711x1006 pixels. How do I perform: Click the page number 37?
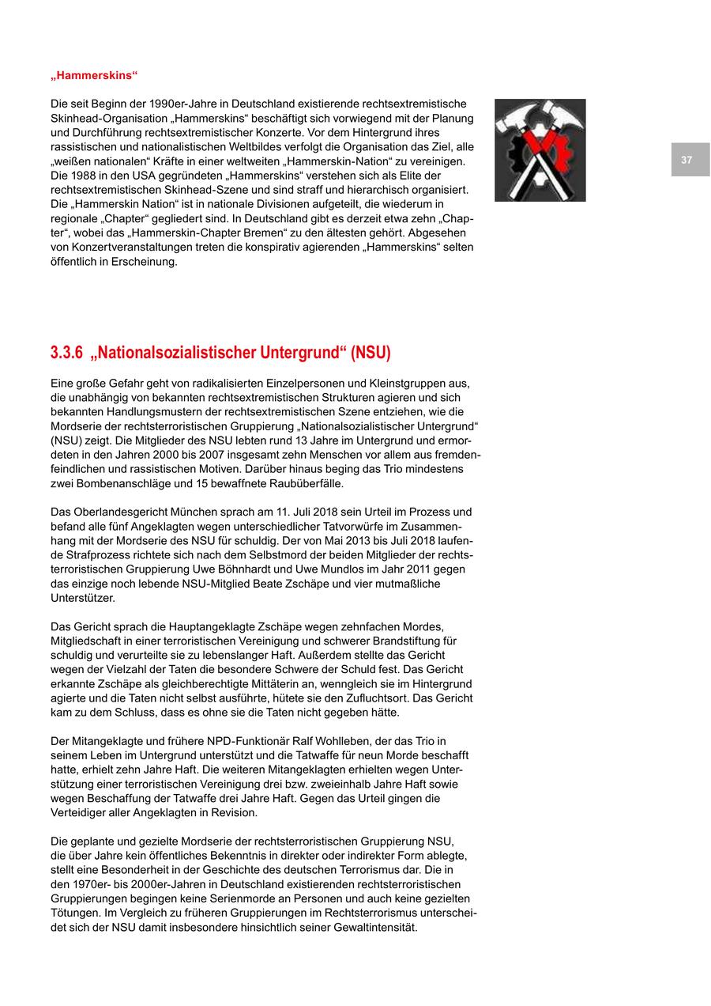tap(687, 160)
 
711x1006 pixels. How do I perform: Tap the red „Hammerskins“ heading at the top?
tap(94, 75)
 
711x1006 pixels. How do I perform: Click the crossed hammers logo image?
tap(540, 150)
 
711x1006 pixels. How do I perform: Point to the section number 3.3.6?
tap(67, 353)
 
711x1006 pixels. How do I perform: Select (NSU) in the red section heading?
tap(371, 353)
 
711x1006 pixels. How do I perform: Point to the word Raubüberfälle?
tap(304, 483)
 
